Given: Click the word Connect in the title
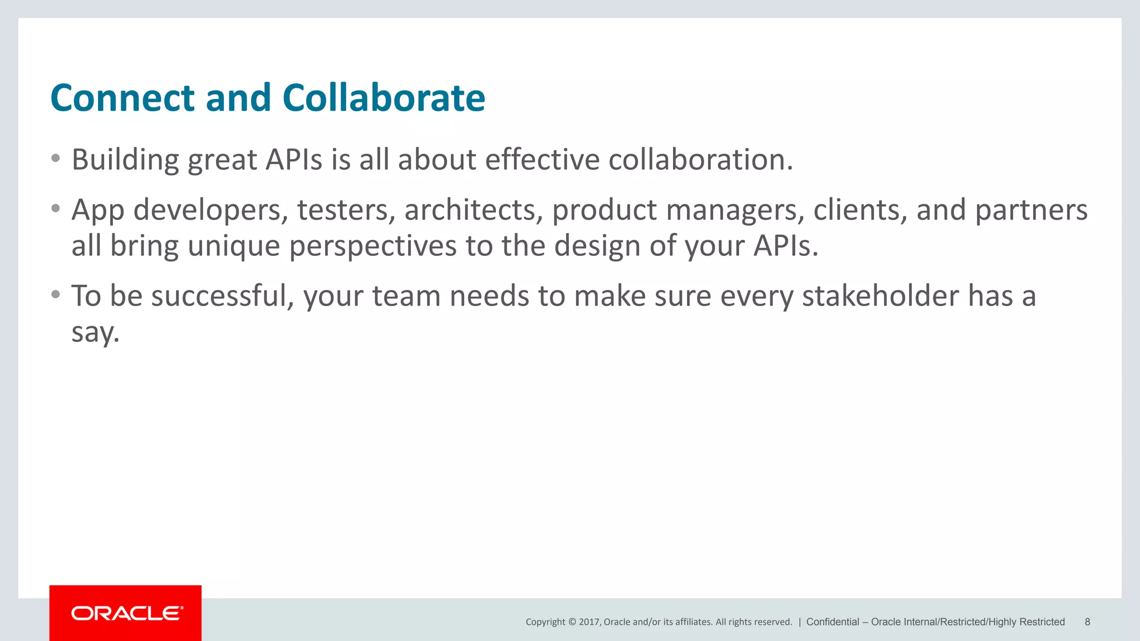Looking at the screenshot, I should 122,98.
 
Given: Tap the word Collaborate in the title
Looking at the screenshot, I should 384,98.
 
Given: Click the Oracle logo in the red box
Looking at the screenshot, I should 126,613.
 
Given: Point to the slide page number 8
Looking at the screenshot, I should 1087,622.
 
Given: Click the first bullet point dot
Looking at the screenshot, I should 55,159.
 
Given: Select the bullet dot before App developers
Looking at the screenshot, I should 55,209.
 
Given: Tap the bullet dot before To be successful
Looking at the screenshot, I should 55,294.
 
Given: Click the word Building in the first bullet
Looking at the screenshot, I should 125,160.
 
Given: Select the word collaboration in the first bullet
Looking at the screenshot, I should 700,160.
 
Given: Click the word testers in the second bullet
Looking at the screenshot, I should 346,210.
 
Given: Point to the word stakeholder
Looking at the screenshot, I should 880,295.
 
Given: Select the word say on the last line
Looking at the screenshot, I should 95,333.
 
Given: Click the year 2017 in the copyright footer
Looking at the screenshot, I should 589,622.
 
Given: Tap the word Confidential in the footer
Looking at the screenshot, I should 832,622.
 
